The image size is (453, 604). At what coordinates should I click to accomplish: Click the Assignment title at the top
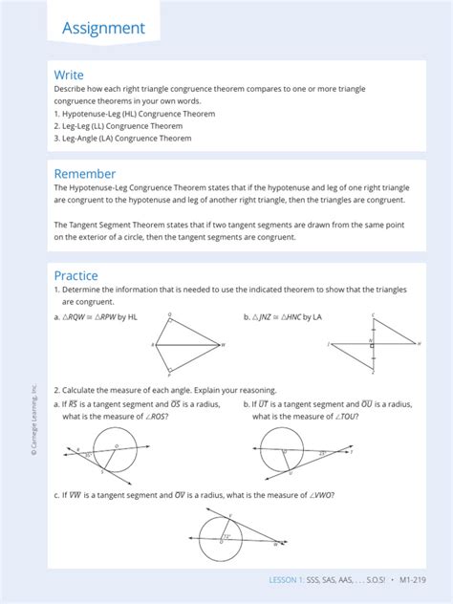coord(103,28)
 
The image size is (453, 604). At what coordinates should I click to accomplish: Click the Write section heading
coord(69,75)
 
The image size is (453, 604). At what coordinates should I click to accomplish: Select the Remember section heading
coord(85,174)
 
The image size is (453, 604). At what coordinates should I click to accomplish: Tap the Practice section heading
coord(75,276)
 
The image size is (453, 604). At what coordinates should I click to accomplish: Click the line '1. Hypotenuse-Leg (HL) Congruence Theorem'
coord(134,114)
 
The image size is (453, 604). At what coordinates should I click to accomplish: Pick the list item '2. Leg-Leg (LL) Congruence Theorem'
coord(119,126)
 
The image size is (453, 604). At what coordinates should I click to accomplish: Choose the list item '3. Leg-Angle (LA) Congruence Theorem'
coord(122,139)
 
